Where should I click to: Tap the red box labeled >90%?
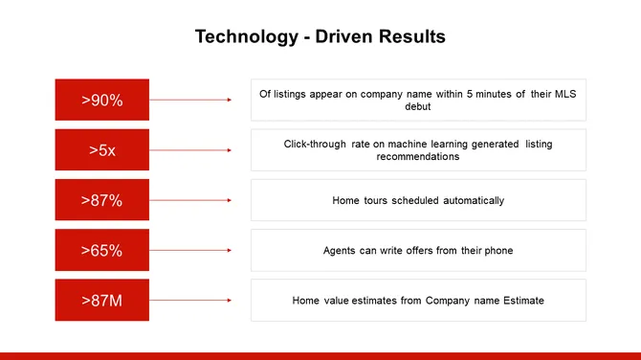point(101,100)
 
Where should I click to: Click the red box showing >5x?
point(101,150)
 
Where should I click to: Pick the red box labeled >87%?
point(101,200)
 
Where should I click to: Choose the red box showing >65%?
point(101,251)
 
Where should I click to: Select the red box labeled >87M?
point(101,301)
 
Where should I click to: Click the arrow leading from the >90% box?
point(191,100)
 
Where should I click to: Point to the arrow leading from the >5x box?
point(191,150)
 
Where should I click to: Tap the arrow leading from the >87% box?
point(191,200)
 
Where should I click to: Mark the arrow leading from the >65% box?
point(191,251)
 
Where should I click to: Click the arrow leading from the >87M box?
point(191,301)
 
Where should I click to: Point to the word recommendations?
point(418,156)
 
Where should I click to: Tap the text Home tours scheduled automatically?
point(418,200)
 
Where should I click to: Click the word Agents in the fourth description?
point(341,251)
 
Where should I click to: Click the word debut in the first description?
point(418,106)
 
